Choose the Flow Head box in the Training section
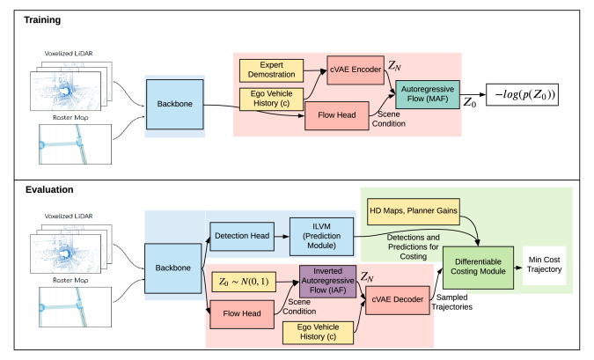pos(336,115)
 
